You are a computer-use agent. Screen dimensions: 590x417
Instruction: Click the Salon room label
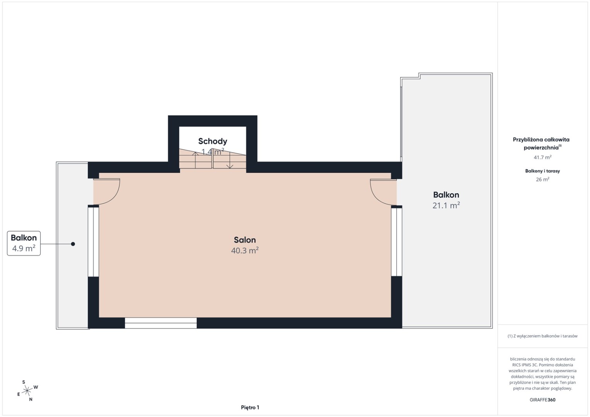point(245,240)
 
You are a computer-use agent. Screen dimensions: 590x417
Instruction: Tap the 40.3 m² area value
point(245,250)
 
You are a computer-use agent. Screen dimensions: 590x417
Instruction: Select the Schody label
point(213,141)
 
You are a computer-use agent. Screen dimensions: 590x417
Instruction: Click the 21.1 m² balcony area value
point(446,205)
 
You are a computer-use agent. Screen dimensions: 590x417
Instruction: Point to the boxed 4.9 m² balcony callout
point(24,243)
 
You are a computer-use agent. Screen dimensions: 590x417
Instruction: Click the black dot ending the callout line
point(73,244)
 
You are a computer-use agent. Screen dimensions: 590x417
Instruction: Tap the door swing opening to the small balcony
point(107,192)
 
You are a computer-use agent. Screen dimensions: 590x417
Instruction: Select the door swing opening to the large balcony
point(383,192)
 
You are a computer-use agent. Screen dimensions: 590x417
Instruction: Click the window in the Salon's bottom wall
point(161,323)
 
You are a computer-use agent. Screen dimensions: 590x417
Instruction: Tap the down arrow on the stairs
point(230,160)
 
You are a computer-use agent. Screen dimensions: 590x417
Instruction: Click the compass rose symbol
point(27,391)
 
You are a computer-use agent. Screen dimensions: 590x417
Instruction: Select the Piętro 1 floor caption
point(250,407)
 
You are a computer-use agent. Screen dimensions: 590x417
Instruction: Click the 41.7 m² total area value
point(542,157)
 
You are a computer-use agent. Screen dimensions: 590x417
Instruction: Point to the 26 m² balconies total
point(542,180)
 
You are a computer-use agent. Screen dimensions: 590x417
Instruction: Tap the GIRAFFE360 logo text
point(542,400)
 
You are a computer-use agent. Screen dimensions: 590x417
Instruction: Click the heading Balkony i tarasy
point(542,171)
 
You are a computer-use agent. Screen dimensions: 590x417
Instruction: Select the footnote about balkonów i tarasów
point(542,336)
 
